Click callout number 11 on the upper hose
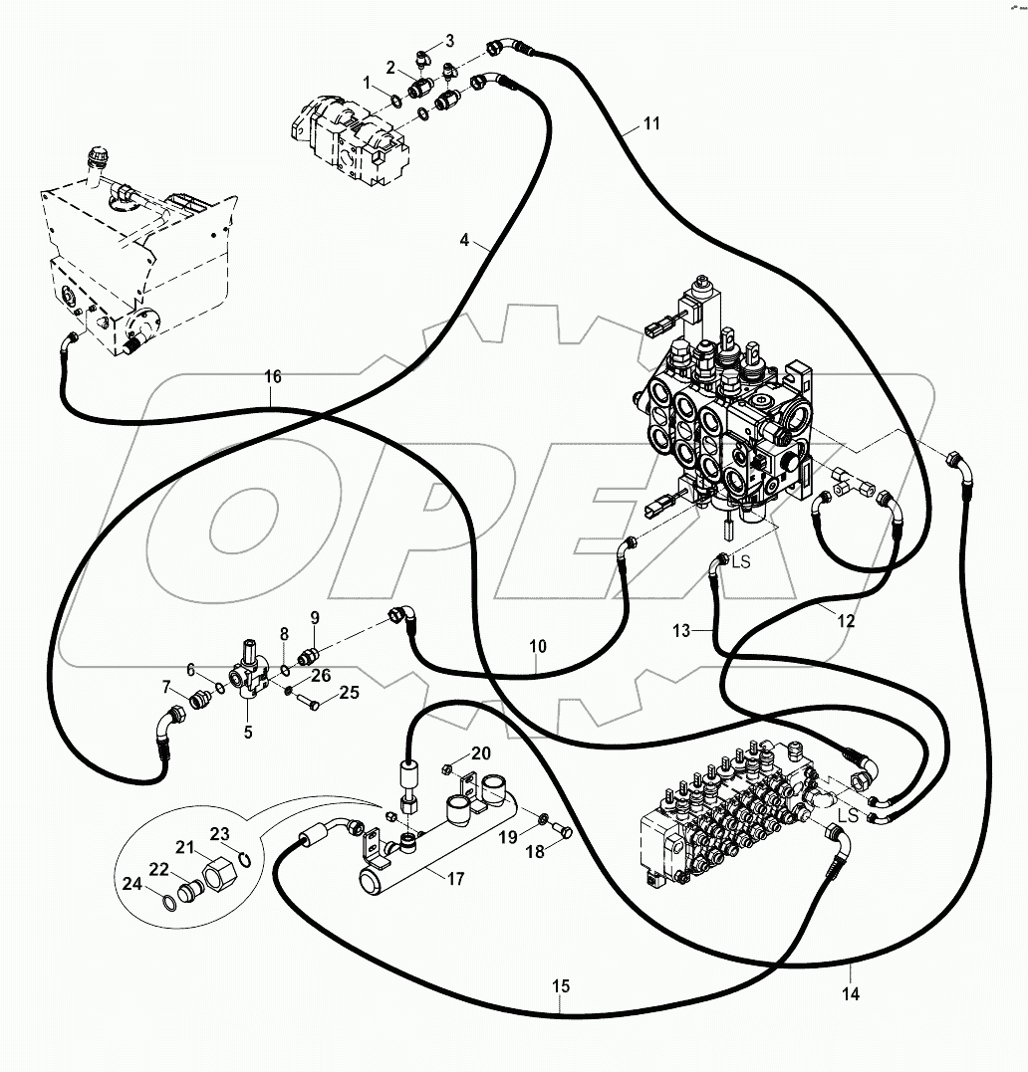point(650,124)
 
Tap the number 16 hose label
point(273,376)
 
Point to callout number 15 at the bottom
point(561,986)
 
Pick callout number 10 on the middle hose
point(537,647)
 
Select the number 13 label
point(680,630)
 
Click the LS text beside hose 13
point(741,562)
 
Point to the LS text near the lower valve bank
point(848,815)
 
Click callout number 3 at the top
point(449,41)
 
